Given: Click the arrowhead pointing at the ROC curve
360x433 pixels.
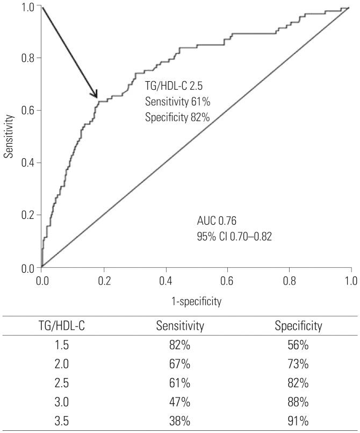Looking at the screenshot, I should [x=95, y=95].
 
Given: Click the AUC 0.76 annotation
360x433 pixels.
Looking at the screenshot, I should [x=217, y=221].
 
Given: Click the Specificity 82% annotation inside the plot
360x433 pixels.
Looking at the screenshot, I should [x=177, y=117].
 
